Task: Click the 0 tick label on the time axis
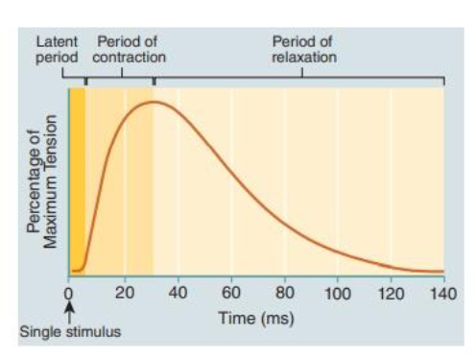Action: coord(68,293)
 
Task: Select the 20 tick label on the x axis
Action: coord(125,293)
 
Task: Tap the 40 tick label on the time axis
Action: coord(178,293)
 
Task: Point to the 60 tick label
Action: coord(231,293)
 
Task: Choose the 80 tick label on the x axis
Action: coord(285,293)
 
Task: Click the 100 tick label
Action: coord(337,294)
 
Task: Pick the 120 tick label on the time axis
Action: coord(391,294)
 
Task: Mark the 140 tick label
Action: coord(444,294)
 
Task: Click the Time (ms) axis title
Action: coord(256,318)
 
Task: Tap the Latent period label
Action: coord(57,50)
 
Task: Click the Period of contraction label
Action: coord(129,50)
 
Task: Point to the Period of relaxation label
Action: coord(304,50)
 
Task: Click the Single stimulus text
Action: coord(70,332)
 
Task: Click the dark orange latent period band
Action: coord(77,179)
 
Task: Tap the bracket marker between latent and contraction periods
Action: coord(86,81)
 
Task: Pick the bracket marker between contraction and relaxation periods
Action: coord(154,81)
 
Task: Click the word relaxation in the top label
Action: coord(304,57)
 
